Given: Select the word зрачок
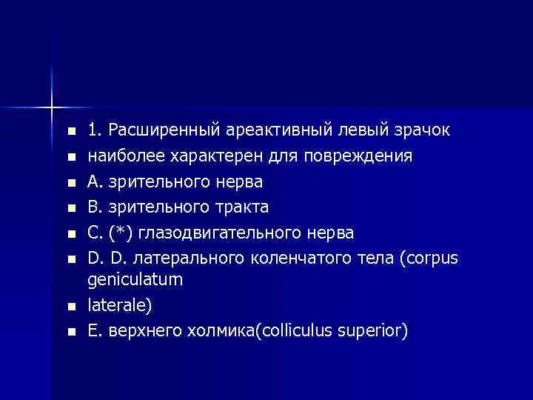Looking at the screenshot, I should point(418,131).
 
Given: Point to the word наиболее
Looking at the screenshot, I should point(121,157).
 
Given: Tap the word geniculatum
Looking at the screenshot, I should point(135,280).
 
